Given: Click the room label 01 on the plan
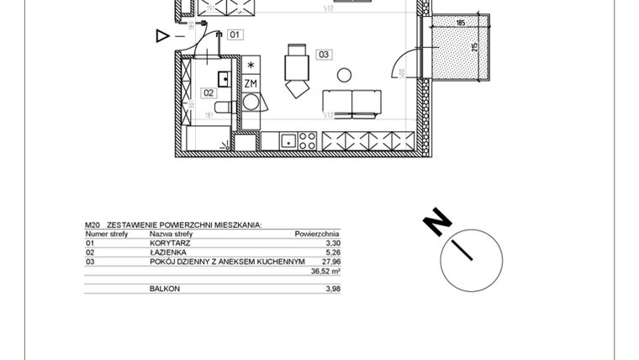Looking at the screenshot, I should (x=235, y=34).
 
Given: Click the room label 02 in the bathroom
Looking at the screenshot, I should (x=209, y=93).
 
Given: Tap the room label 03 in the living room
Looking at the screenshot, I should (x=324, y=55).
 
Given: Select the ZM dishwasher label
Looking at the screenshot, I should (x=251, y=83).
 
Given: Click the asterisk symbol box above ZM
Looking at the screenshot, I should (x=251, y=66).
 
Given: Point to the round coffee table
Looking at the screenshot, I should (x=344, y=75).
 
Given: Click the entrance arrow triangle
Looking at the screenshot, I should (x=163, y=35).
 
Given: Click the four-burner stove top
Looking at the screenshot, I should (x=307, y=141).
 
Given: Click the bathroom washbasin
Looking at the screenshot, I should (x=224, y=78).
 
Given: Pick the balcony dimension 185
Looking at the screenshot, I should (x=460, y=23).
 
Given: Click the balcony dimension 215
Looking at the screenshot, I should (x=475, y=46).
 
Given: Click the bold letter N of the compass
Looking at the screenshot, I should (x=437, y=222).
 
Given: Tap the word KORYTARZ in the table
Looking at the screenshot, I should (x=170, y=243).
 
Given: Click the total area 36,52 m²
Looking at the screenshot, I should (x=325, y=272).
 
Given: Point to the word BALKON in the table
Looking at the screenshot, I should (x=165, y=289).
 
